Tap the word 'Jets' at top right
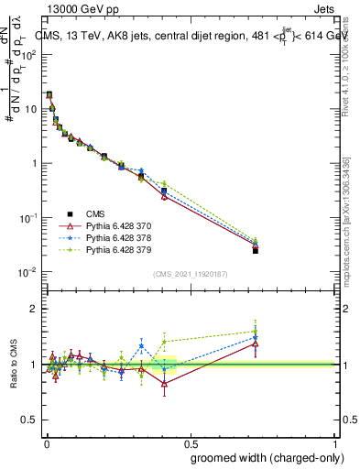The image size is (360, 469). [x=323, y=9]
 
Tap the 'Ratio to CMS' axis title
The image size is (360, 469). [x=14, y=364]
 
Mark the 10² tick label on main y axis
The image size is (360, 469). [x=27, y=54]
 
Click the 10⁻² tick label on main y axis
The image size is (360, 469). [x=27, y=273]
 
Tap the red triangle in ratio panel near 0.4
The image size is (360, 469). [x=164, y=384]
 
